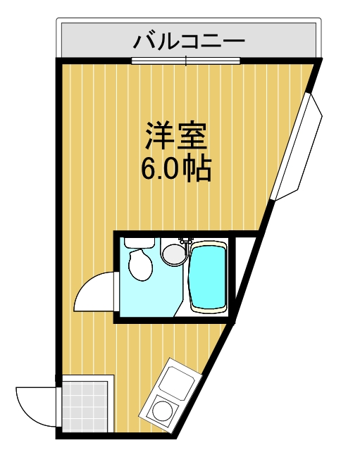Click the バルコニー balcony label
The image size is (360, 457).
pos(189,41)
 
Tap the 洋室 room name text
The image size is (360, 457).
pos(176,135)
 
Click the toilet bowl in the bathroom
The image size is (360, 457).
pos(139,265)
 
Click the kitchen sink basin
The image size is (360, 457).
pos(175,381)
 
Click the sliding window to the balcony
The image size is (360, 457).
pos(186,61)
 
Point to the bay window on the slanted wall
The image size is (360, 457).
pos(299,144)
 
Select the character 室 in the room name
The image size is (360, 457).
pos(194,135)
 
